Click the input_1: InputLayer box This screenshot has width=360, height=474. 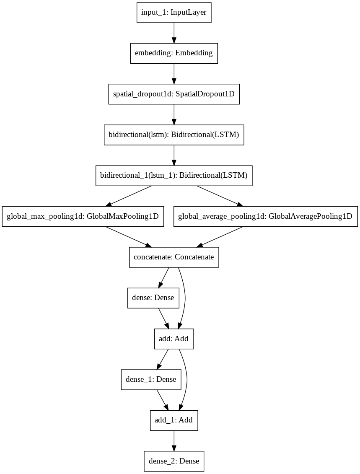(174, 13)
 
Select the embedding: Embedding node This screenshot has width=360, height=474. (174, 53)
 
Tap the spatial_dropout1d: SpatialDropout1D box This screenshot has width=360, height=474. (174, 94)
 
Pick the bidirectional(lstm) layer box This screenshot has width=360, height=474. (174, 135)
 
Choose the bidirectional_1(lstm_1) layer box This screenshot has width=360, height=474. (174, 175)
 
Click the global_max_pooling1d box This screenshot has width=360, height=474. (83, 216)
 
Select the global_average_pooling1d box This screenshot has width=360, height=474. (265, 216)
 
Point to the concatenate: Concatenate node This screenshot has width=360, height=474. (174, 257)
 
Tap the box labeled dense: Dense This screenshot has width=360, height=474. (153, 298)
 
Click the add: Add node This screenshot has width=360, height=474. (174, 338)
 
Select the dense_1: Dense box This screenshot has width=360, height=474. (151, 379)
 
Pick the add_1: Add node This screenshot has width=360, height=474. (174, 420)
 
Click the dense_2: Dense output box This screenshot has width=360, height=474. (174, 461)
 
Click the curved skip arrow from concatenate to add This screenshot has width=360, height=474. (184, 298)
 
